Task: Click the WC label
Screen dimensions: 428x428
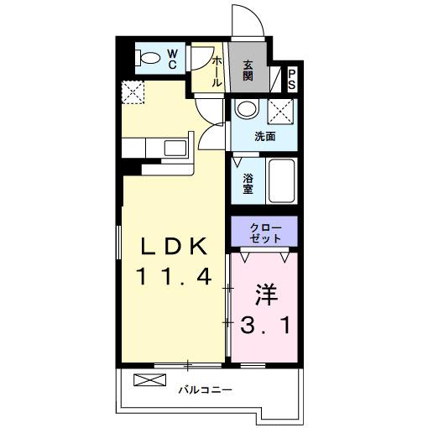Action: coord(171,59)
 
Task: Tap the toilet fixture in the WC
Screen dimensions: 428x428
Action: coord(149,59)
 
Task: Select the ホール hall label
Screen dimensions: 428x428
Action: coord(217,71)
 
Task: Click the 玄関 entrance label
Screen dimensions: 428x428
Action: coord(248,70)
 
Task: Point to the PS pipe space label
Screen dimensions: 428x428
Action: coord(292,79)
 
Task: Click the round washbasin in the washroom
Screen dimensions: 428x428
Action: coord(245,109)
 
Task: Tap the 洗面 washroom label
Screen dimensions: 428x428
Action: coord(265,136)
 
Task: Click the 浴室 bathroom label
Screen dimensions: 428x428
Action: coord(248,183)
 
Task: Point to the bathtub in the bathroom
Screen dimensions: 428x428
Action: coord(282,180)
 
